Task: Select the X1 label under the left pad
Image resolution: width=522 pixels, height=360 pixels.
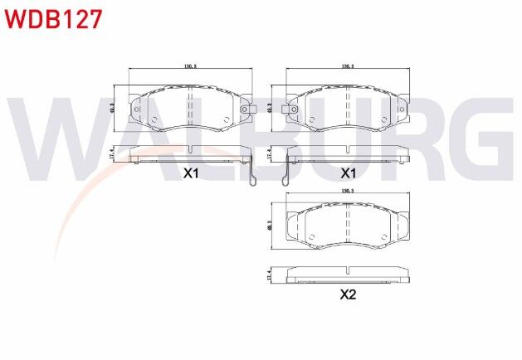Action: [191, 173]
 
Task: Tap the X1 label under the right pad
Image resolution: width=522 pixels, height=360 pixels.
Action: [348, 173]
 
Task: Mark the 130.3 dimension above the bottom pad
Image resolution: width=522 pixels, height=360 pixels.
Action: [348, 191]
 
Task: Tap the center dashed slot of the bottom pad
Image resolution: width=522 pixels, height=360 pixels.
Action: [348, 224]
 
